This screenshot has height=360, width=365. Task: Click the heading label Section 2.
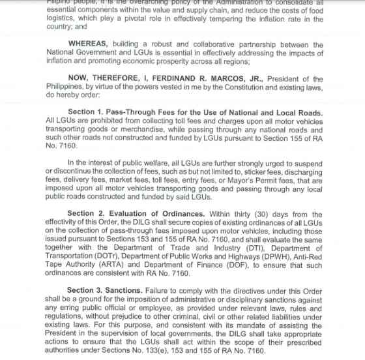pyautogui.click(x=89, y=214)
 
